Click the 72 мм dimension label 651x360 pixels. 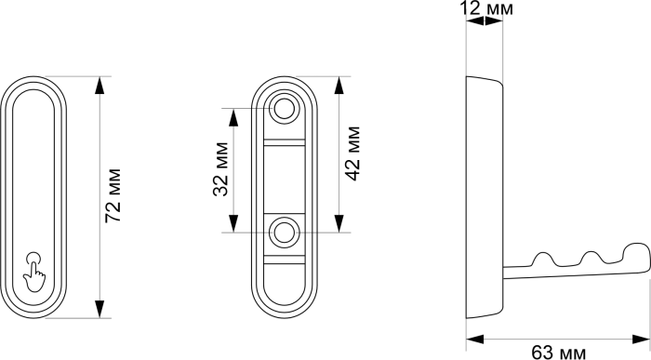[x=113, y=195]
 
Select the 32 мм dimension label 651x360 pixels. [x=221, y=169]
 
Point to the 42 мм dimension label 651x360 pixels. [x=352, y=153]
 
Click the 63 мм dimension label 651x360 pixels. [x=559, y=353]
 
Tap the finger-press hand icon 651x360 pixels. [x=34, y=272]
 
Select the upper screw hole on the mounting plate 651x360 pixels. [x=285, y=109]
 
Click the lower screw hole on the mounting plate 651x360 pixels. [x=284, y=233]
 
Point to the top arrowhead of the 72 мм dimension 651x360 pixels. [x=99, y=86]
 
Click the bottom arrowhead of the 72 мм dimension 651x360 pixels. [x=99, y=309]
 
